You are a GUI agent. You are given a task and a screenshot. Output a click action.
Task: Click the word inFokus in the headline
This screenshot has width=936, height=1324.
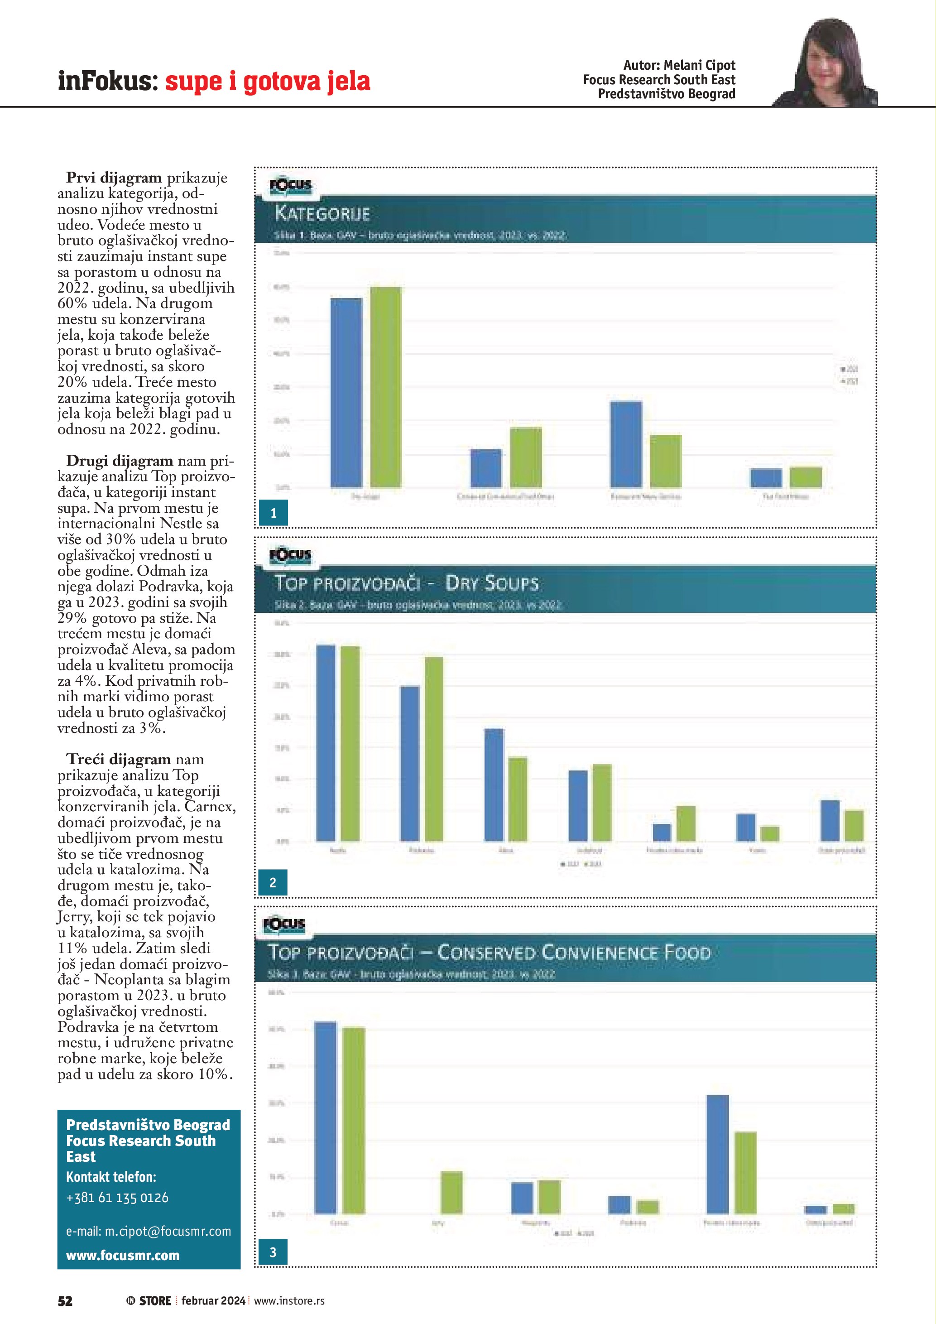[x=107, y=81]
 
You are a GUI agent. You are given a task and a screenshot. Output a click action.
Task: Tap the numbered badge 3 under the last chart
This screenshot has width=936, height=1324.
[x=273, y=1252]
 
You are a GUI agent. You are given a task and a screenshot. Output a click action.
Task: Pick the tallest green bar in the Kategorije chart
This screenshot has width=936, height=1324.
[x=385, y=386]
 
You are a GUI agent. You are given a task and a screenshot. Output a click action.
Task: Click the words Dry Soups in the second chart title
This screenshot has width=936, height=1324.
[x=492, y=583]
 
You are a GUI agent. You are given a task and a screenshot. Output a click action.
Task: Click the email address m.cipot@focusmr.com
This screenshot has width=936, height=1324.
[x=148, y=1231]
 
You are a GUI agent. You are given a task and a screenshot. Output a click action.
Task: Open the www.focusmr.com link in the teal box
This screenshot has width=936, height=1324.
[x=122, y=1256]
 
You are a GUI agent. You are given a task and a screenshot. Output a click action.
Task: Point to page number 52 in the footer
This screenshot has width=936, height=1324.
[x=65, y=1300]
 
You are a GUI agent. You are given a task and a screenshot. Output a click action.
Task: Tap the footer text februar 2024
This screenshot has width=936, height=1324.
[x=213, y=1300]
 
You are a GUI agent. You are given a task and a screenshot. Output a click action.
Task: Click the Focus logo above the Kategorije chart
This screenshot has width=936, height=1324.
[x=290, y=186]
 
